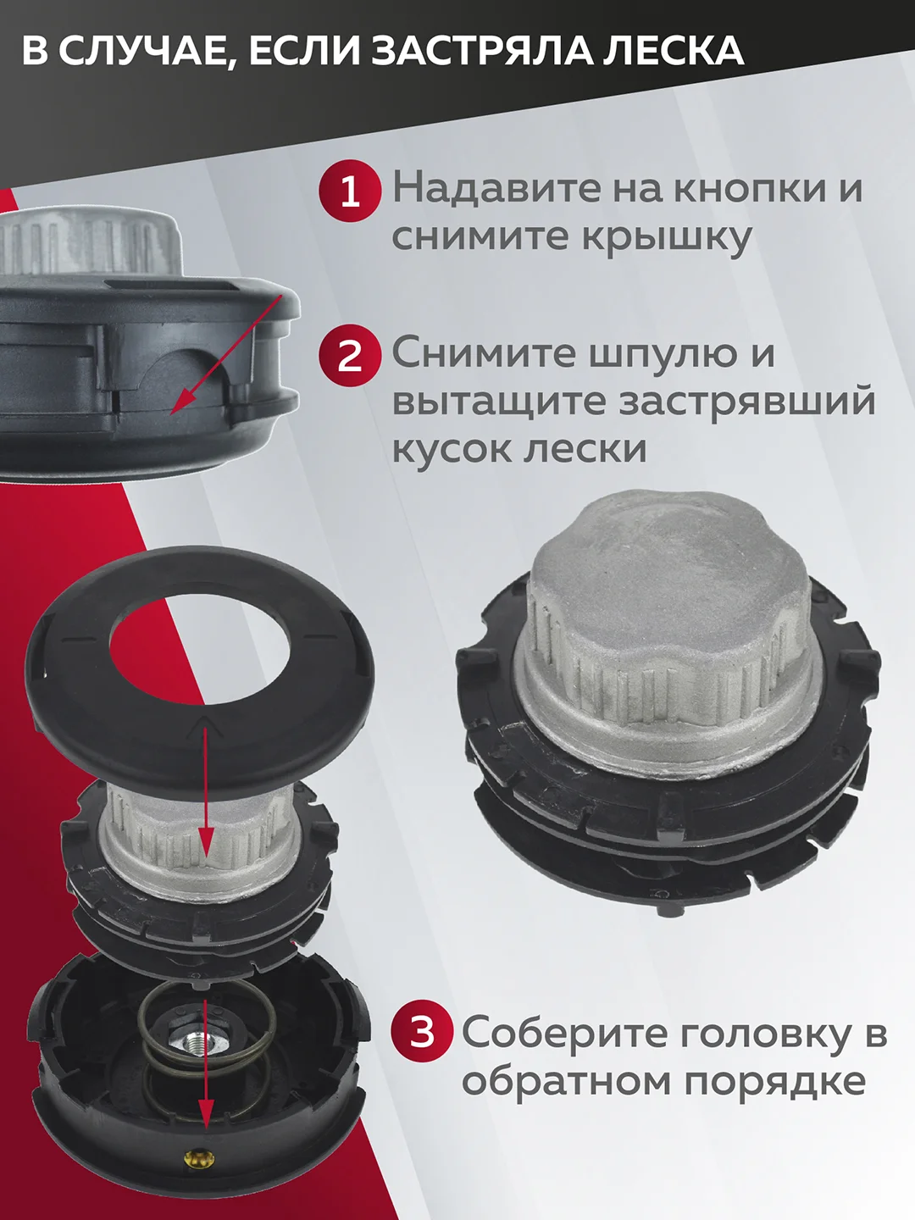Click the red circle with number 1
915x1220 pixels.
click(x=350, y=192)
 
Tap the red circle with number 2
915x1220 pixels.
click(x=350, y=356)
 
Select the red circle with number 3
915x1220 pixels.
click(x=422, y=1033)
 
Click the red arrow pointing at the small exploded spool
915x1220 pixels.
click(x=207, y=802)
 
